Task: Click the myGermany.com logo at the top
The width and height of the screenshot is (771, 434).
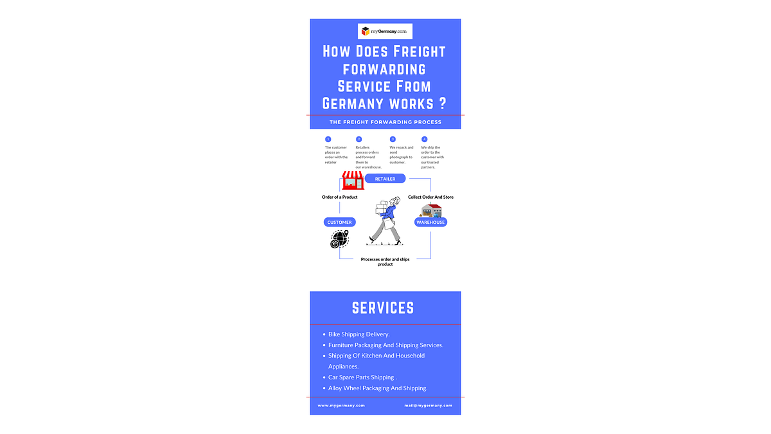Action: tap(385, 31)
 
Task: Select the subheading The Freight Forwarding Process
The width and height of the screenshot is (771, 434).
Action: tap(385, 122)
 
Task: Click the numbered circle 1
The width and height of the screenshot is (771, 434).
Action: tap(328, 139)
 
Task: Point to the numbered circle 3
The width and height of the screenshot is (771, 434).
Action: tap(393, 139)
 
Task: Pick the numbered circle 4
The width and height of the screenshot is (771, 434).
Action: tap(424, 139)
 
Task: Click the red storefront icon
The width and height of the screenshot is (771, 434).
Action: tap(353, 180)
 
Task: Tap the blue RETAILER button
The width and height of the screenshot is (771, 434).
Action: tap(385, 179)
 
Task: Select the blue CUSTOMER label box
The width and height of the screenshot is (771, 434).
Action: tap(339, 222)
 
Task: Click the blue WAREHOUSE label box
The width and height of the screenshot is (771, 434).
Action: tap(430, 222)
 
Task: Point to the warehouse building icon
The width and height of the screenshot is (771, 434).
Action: tap(431, 210)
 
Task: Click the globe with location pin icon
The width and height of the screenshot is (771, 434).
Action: tap(339, 239)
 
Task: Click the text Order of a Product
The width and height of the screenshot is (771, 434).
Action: tap(339, 197)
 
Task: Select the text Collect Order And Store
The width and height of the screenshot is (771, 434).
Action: tap(430, 197)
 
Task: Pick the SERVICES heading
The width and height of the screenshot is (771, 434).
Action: tap(383, 308)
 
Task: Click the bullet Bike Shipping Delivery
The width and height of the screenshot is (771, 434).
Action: tap(359, 334)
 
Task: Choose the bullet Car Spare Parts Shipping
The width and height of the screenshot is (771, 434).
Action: tap(362, 377)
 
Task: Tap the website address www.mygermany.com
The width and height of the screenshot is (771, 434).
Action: tap(341, 406)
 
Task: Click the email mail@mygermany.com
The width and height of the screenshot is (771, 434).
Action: tap(428, 406)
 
